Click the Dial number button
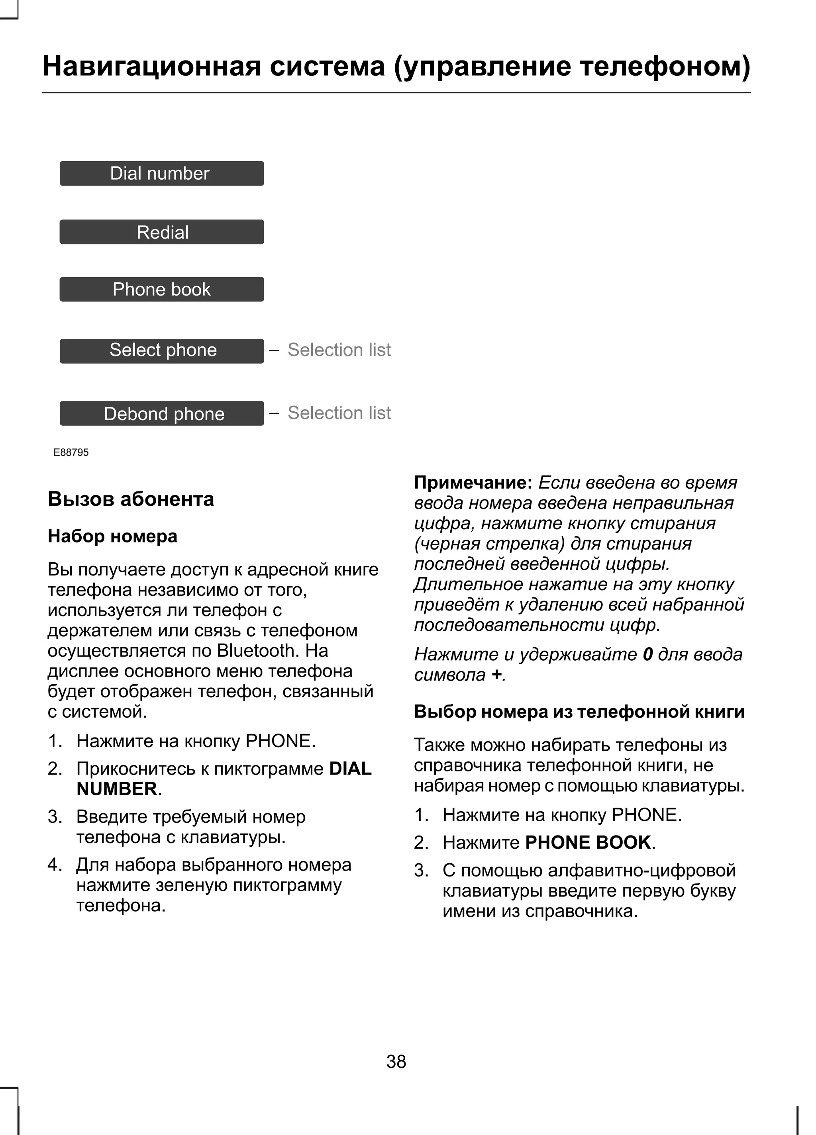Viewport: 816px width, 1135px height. pos(161,173)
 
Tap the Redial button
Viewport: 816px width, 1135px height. pos(161,232)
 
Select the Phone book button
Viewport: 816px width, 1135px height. pos(161,289)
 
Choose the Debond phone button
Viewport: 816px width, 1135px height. pos(161,413)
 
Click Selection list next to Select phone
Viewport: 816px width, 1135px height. pos(339,350)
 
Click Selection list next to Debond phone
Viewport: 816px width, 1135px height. pos(339,413)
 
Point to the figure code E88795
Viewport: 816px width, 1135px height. pos(71,452)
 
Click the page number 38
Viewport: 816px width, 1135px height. pos(396,1061)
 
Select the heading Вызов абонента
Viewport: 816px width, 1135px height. pos(131,499)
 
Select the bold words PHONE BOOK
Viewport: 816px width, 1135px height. pos(588,843)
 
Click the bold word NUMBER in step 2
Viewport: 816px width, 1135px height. pos(117,789)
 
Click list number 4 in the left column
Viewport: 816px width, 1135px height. pos(54,865)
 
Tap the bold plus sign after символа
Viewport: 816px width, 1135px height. pos(496,675)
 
